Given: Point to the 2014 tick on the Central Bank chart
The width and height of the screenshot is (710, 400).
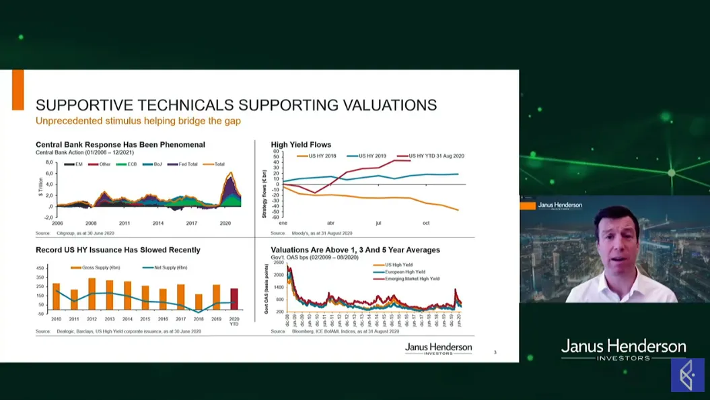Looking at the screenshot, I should tap(157, 223).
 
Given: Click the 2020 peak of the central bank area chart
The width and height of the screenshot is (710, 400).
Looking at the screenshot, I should tap(231, 174).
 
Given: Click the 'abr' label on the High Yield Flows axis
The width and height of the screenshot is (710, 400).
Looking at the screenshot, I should tap(330, 223).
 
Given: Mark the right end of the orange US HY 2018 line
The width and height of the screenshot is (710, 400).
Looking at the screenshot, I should tap(458, 210).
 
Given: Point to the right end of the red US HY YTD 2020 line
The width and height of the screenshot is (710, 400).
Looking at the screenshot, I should tap(409, 160).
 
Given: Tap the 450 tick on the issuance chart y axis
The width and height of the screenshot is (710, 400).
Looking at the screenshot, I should tap(40, 268).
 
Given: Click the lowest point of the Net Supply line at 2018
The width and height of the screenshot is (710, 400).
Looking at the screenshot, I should tap(199, 312).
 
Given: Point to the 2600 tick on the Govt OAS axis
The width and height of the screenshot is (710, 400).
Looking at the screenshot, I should tap(279, 263).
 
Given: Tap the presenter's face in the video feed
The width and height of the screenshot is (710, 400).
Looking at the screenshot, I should tap(618, 239).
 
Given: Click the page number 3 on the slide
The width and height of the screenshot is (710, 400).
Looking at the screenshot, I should tap(495, 352).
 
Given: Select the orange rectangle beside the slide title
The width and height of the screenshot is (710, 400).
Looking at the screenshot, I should tap(17, 90).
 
